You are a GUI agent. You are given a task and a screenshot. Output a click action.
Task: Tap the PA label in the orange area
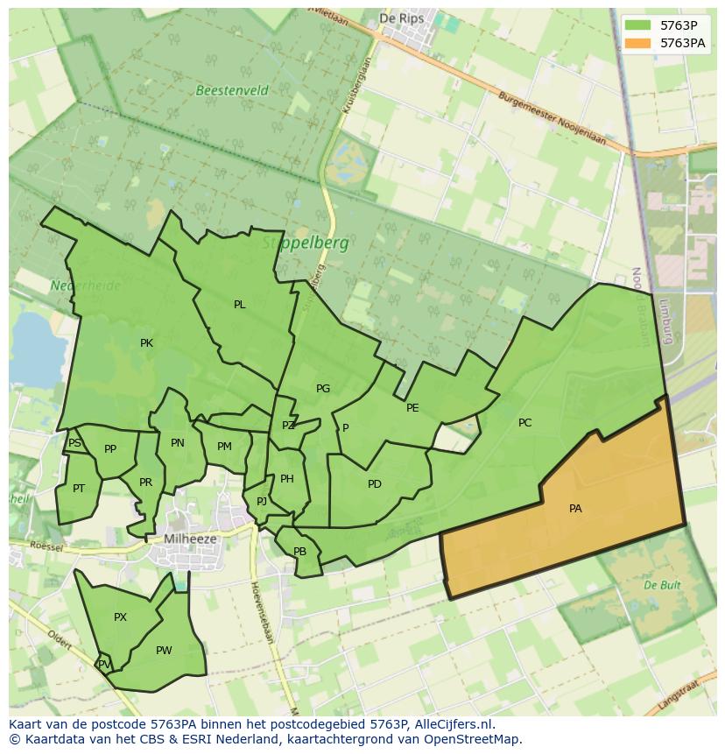(x=575, y=509)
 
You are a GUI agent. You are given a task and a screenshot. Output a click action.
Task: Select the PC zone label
(x=524, y=423)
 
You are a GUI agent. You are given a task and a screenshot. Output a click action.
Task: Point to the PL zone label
(x=239, y=306)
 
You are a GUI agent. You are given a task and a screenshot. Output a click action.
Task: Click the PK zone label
(x=146, y=343)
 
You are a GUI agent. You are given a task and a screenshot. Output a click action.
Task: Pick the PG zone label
(x=323, y=389)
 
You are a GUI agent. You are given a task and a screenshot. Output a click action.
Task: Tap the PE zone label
(x=412, y=408)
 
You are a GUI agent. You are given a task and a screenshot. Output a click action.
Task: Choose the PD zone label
(x=375, y=484)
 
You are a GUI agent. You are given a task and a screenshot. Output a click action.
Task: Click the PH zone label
(x=287, y=479)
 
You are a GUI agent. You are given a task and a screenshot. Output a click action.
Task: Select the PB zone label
(x=299, y=552)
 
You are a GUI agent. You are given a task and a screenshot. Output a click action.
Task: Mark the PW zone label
(x=164, y=651)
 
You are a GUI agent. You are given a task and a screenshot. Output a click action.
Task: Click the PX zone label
(x=120, y=617)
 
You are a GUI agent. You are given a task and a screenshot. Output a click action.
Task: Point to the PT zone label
(x=79, y=489)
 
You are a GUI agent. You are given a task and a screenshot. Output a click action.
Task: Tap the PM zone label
(x=224, y=447)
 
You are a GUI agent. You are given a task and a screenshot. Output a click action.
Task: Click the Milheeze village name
(x=190, y=539)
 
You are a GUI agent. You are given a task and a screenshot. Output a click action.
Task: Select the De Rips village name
(x=400, y=18)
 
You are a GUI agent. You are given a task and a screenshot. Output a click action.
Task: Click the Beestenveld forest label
(x=232, y=90)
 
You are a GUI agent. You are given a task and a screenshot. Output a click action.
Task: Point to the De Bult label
(x=662, y=584)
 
